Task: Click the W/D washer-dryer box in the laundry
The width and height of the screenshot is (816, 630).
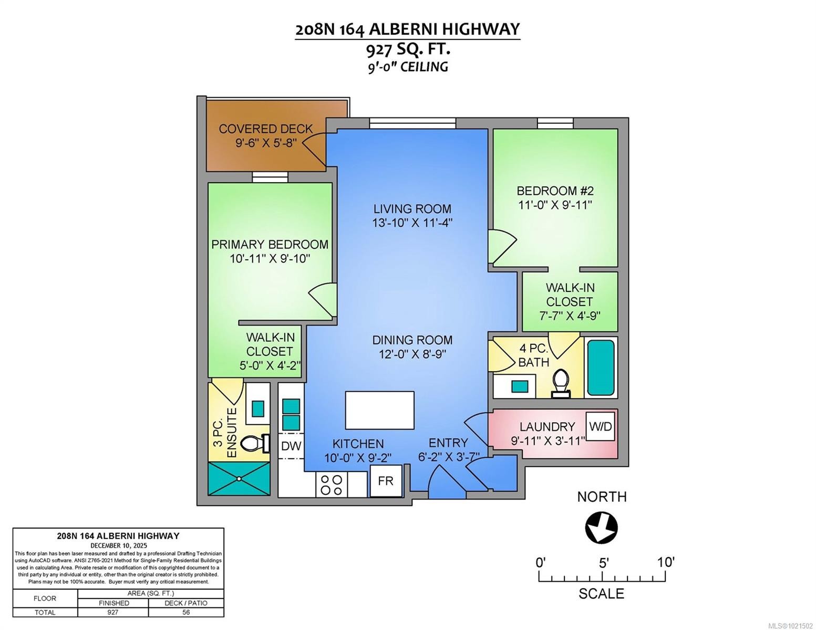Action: pyautogui.click(x=600, y=426)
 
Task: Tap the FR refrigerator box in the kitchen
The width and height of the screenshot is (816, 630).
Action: pyautogui.click(x=386, y=481)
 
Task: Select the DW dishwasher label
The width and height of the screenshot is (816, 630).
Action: pyautogui.click(x=291, y=446)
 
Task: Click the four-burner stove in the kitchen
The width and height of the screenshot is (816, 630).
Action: pyautogui.click(x=332, y=485)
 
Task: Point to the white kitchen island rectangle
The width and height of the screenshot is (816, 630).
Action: pyautogui.click(x=379, y=410)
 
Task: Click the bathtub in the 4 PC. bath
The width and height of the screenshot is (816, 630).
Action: pyautogui.click(x=601, y=367)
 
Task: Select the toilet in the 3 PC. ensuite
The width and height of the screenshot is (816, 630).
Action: pyautogui.click(x=256, y=443)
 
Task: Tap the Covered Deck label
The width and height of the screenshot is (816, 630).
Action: pyautogui.click(x=265, y=129)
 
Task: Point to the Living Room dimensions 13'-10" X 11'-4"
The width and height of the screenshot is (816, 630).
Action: pyautogui.click(x=412, y=223)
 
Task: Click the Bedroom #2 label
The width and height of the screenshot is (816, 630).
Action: pyautogui.click(x=555, y=191)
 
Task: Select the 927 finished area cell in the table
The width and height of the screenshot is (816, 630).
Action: pyautogui.click(x=112, y=612)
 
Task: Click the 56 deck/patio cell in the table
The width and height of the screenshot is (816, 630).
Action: pyautogui.click(x=186, y=612)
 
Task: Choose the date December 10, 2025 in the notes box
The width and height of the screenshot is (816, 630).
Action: pyautogui.click(x=118, y=545)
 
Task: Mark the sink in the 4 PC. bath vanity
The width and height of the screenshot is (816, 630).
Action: pyautogui.click(x=520, y=386)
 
